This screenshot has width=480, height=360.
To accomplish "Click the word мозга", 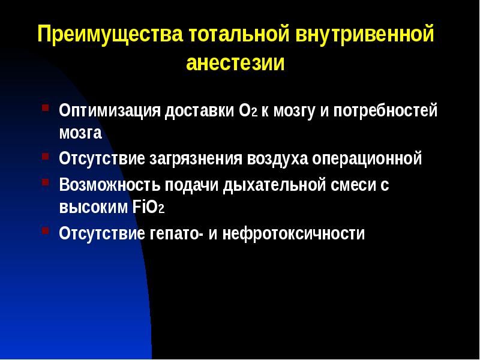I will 80,133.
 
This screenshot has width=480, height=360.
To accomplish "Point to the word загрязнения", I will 195,160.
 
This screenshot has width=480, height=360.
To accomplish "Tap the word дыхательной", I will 274,185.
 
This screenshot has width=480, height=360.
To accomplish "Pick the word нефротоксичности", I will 286,233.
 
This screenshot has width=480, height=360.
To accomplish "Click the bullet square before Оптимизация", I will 46,109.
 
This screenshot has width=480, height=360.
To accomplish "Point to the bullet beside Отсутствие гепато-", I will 46,230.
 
